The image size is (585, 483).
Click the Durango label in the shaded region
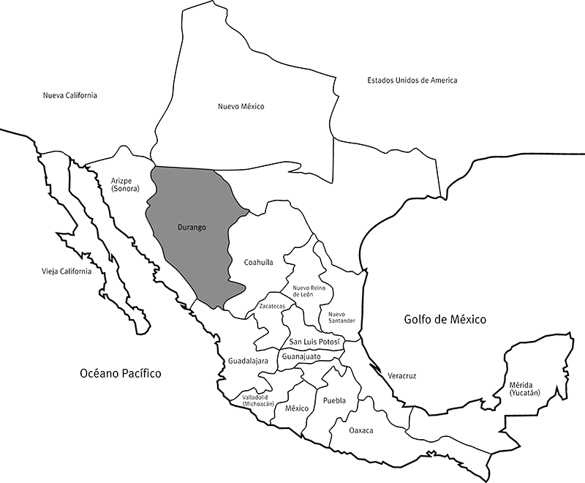coord(192,228)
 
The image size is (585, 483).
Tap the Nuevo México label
coord(241,107)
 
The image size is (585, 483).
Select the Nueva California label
coord(70,96)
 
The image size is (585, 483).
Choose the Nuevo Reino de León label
coord(308,291)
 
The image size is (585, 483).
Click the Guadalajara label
coord(248,361)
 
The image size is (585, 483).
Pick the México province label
coord(298,408)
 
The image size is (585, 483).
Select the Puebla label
coord(333,400)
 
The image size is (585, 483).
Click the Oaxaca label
coord(361,430)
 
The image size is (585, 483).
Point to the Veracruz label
coord(401,375)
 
